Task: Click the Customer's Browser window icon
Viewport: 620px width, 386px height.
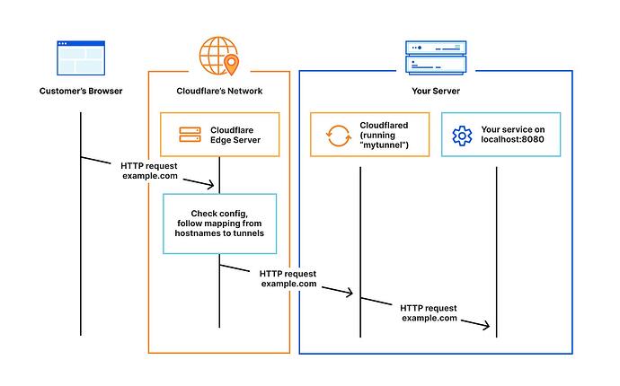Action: tap(81, 57)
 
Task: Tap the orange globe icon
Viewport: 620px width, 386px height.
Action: tap(218, 56)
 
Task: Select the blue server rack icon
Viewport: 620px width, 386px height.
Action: tap(436, 57)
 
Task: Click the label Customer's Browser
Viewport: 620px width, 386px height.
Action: tap(81, 91)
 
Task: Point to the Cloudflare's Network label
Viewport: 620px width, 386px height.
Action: tap(219, 91)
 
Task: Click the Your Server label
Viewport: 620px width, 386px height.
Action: tap(436, 91)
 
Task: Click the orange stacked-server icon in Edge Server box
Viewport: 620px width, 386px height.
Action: tap(190, 135)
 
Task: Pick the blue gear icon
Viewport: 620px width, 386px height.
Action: tap(462, 136)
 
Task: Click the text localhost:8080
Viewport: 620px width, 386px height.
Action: tap(512, 139)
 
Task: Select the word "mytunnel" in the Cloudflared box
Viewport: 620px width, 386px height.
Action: tap(384, 145)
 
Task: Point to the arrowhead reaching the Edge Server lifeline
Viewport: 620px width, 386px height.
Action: tap(211, 185)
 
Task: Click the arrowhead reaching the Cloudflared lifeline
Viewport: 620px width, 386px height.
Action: tap(350, 293)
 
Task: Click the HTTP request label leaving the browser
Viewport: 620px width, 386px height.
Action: tap(149, 171)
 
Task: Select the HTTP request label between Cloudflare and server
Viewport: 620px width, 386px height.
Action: tap(288, 278)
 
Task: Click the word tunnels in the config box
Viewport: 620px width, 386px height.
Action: tap(248, 233)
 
